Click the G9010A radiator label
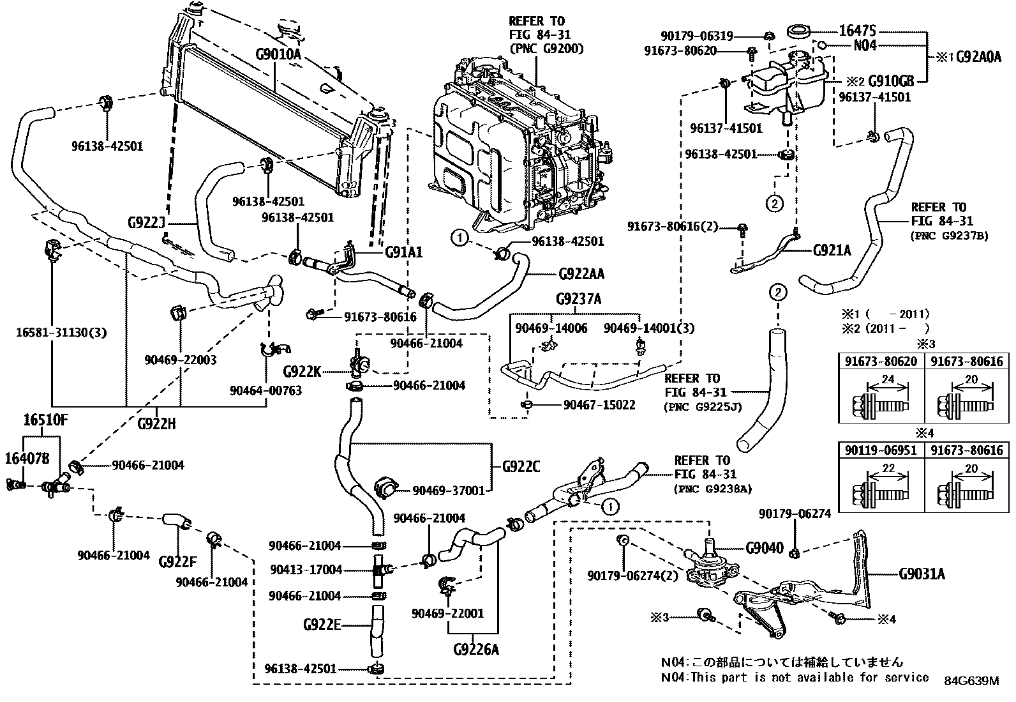(x=278, y=54)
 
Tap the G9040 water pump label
(x=764, y=548)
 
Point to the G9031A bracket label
(x=922, y=574)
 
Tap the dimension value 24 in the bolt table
(x=887, y=380)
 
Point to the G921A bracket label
(x=832, y=250)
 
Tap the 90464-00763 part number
(x=266, y=390)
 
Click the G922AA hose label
(x=581, y=274)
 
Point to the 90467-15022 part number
(x=599, y=405)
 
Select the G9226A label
(x=476, y=650)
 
